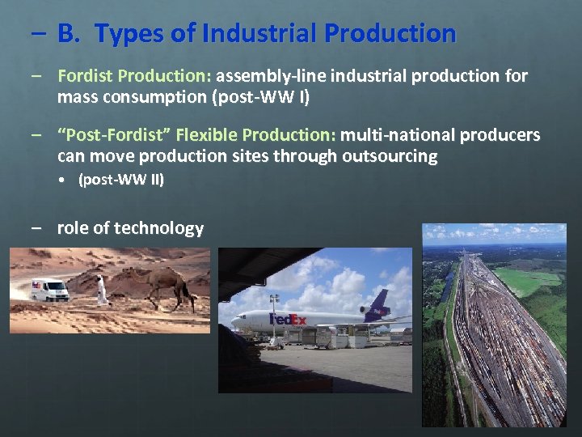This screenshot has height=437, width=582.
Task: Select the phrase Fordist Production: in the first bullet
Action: [134, 76]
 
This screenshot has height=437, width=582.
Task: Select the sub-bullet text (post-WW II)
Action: [121, 180]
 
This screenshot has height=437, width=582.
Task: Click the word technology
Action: [158, 228]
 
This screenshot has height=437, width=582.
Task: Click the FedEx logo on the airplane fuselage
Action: [288, 320]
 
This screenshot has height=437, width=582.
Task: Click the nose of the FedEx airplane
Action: [235, 321]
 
